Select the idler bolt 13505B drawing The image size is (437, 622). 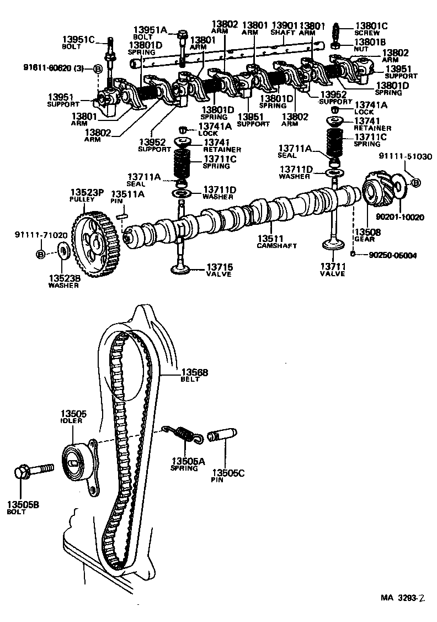[x=33, y=471]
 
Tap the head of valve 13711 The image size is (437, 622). [x=333, y=246]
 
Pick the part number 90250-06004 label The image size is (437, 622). [x=392, y=255]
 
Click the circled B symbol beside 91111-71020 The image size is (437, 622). [x=40, y=254]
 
